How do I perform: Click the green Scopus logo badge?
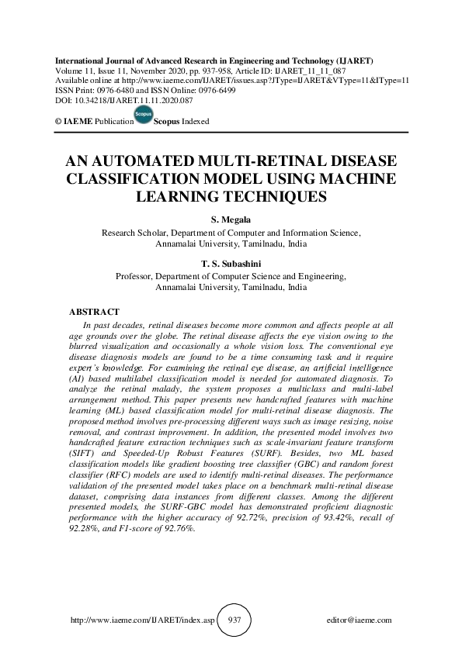point(143,116)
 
